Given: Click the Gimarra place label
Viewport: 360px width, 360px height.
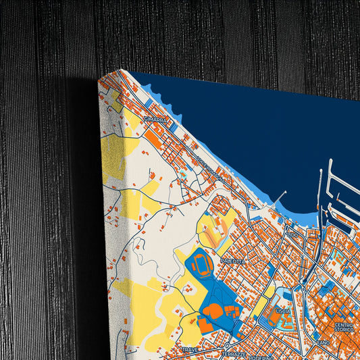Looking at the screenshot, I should pyautogui.click(x=155, y=120).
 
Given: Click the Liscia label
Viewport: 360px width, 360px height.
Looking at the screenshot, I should pyautogui.click(x=283, y=310).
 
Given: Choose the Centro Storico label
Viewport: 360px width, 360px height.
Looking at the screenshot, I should pyautogui.click(x=344, y=327).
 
